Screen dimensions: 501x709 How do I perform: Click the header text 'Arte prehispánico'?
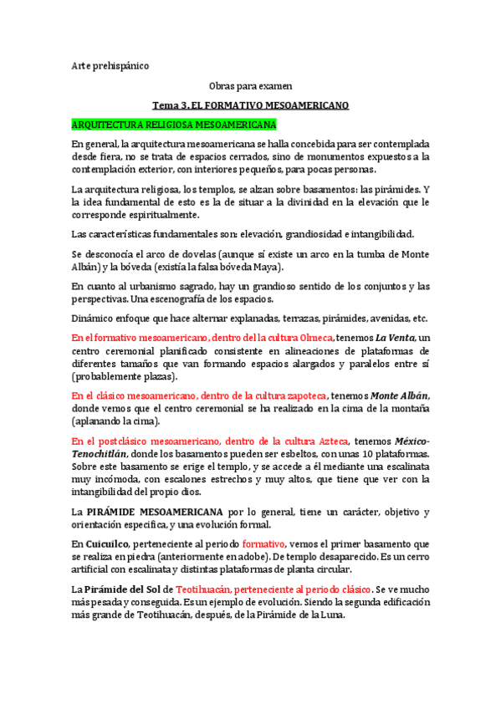point(110,66)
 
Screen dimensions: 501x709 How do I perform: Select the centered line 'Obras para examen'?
point(250,86)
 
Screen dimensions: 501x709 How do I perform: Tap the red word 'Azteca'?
point(328,441)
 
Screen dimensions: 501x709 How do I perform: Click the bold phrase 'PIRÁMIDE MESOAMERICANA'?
point(159,512)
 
